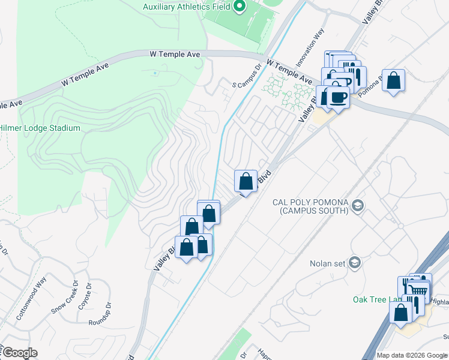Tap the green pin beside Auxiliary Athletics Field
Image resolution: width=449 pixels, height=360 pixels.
(240, 7)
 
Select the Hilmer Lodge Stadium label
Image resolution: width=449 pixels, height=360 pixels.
(40, 128)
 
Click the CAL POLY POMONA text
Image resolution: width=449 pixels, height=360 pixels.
(310, 206)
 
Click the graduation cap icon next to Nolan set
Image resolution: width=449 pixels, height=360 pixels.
(355, 263)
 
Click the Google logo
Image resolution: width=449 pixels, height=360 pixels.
(20, 353)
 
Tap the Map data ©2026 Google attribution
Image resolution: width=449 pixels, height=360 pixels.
(412, 355)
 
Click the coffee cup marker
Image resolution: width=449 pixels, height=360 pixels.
(339, 97)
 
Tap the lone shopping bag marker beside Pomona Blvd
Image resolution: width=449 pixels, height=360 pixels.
(393, 80)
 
